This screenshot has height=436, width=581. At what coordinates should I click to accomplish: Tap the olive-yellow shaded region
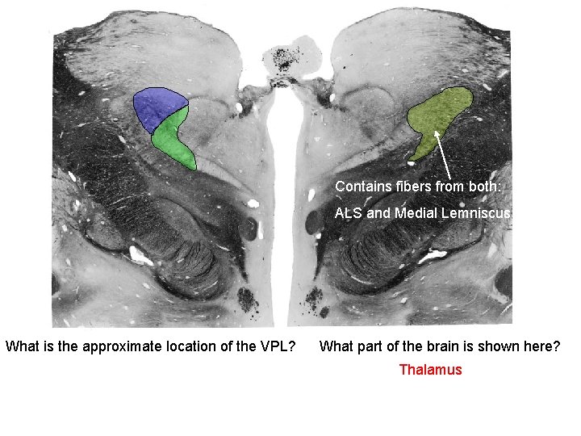[440, 113]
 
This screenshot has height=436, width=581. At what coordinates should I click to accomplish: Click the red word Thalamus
[431, 370]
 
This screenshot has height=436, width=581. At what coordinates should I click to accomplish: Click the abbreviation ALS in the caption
[349, 213]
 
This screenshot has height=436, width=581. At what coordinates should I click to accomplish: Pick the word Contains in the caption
[360, 187]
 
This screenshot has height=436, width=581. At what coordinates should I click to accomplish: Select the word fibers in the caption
[408, 187]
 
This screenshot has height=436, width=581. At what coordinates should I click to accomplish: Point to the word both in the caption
[485, 187]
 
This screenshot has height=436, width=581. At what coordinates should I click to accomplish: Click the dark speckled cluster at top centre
[284, 58]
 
